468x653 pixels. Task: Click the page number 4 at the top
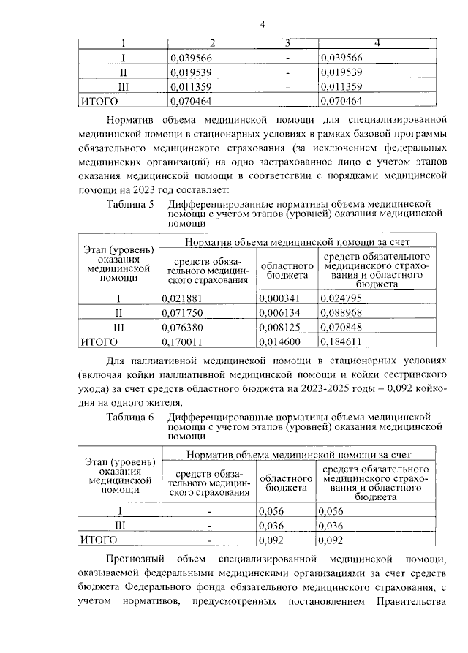(261, 26)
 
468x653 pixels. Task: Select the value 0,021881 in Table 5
(186, 298)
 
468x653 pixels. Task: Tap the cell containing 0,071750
(186, 312)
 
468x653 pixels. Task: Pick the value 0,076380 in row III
(186, 327)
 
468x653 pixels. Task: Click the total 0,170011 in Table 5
(186, 341)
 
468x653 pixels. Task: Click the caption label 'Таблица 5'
(131, 203)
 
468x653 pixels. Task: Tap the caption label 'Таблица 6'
(131, 417)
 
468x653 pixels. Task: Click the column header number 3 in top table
(288, 44)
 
